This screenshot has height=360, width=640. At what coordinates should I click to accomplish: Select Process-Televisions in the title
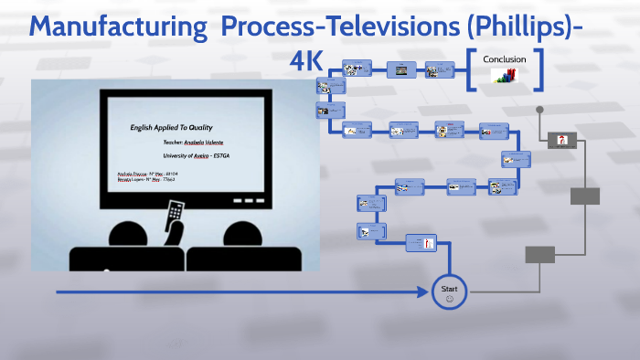[319, 28]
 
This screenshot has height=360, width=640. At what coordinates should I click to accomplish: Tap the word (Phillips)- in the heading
[513, 28]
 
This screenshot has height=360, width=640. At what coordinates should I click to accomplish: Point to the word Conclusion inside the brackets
[505, 59]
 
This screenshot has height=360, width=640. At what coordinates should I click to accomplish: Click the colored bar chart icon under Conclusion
[505, 78]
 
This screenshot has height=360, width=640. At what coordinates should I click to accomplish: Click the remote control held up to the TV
[173, 218]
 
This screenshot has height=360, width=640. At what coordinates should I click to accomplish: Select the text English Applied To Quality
[171, 129]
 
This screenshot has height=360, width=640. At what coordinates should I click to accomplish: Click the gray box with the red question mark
[562, 140]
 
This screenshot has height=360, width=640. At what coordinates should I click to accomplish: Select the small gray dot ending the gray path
[539, 110]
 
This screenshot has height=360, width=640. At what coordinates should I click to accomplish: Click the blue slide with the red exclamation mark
[421, 243]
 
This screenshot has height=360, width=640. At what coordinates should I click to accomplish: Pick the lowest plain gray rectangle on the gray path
[539, 254]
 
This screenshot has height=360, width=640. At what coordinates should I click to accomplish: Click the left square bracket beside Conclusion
[471, 70]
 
